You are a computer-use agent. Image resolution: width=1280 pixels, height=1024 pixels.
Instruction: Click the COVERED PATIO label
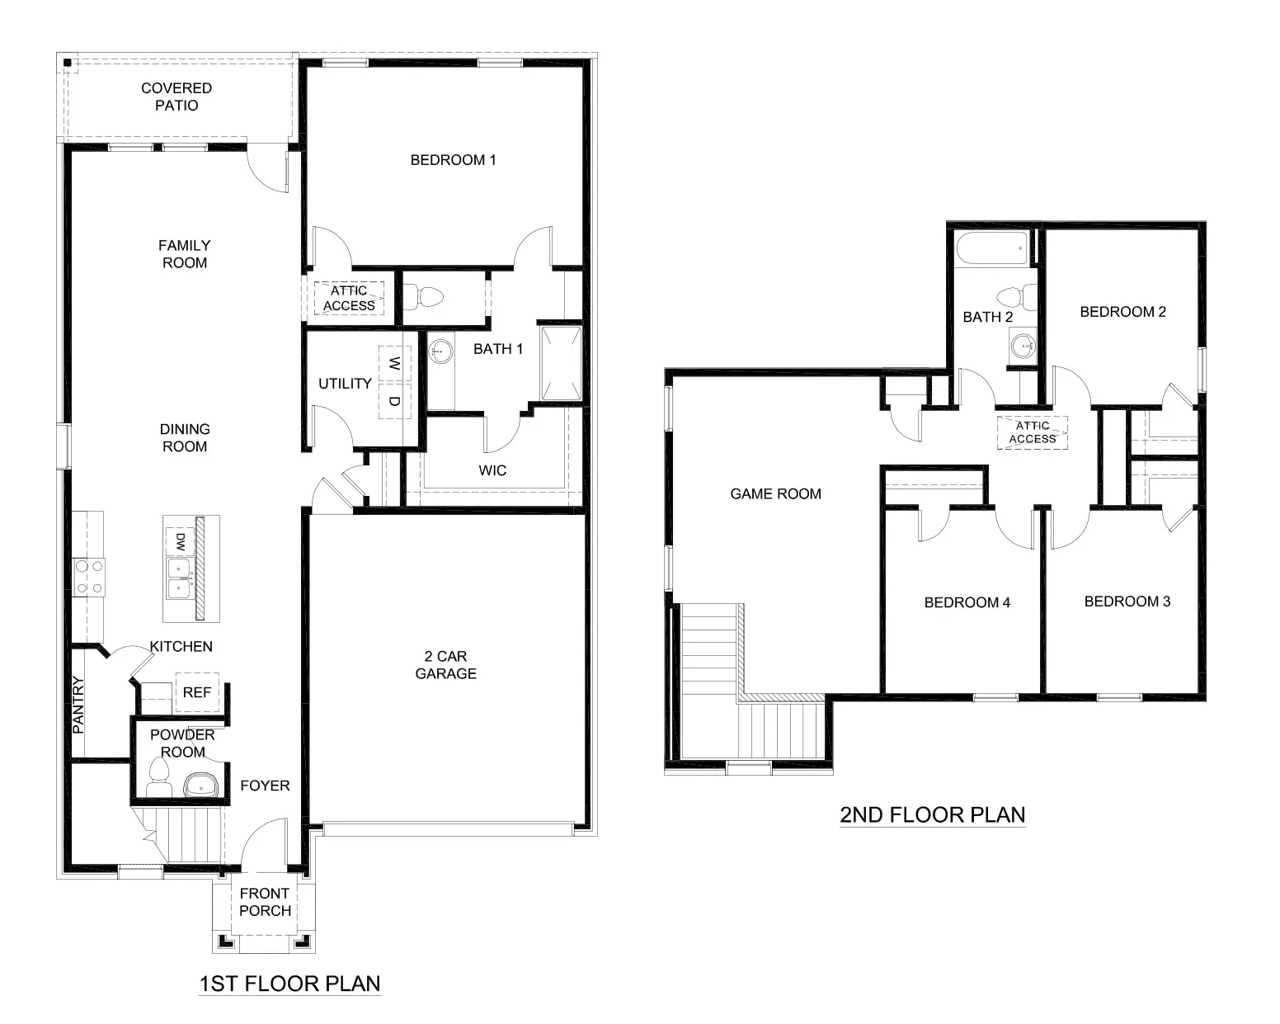176,97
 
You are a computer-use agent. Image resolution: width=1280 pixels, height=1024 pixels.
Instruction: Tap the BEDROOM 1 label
453,160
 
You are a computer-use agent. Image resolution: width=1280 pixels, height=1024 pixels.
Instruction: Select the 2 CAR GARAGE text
445,665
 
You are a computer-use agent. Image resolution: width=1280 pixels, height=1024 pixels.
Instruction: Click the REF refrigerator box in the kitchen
197,693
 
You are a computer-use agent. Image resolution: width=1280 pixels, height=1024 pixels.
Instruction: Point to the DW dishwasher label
179,542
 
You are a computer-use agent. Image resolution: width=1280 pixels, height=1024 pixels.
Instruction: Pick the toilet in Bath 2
1011,295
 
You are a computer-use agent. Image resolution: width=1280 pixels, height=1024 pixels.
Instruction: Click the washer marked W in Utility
394,363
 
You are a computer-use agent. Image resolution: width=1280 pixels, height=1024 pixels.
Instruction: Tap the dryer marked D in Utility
394,401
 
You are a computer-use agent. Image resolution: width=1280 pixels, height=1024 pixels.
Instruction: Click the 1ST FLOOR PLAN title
289,984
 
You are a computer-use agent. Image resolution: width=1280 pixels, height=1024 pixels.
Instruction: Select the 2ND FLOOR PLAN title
933,815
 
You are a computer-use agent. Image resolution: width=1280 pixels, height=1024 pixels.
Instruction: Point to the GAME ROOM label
775,494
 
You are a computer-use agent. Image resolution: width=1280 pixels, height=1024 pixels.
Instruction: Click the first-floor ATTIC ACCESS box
349,298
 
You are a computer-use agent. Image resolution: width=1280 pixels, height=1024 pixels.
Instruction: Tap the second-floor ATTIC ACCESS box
1032,432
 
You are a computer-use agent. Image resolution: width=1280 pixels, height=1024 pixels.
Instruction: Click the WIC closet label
492,470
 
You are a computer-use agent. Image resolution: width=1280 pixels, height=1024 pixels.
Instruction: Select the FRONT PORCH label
265,902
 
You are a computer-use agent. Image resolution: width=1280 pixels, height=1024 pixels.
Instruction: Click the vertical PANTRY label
79,705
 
